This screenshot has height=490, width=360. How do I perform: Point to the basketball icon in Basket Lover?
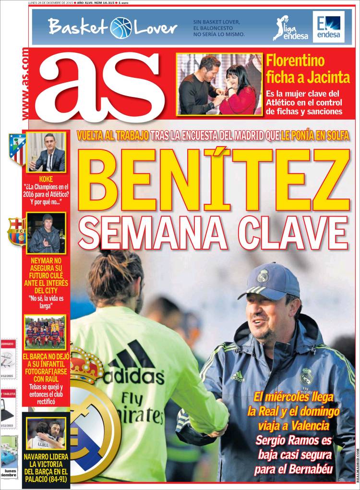point(121,27)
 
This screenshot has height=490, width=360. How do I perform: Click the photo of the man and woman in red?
point(219,84)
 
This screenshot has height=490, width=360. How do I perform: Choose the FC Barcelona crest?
point(17,232)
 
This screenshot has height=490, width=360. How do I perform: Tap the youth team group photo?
point(45,332)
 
